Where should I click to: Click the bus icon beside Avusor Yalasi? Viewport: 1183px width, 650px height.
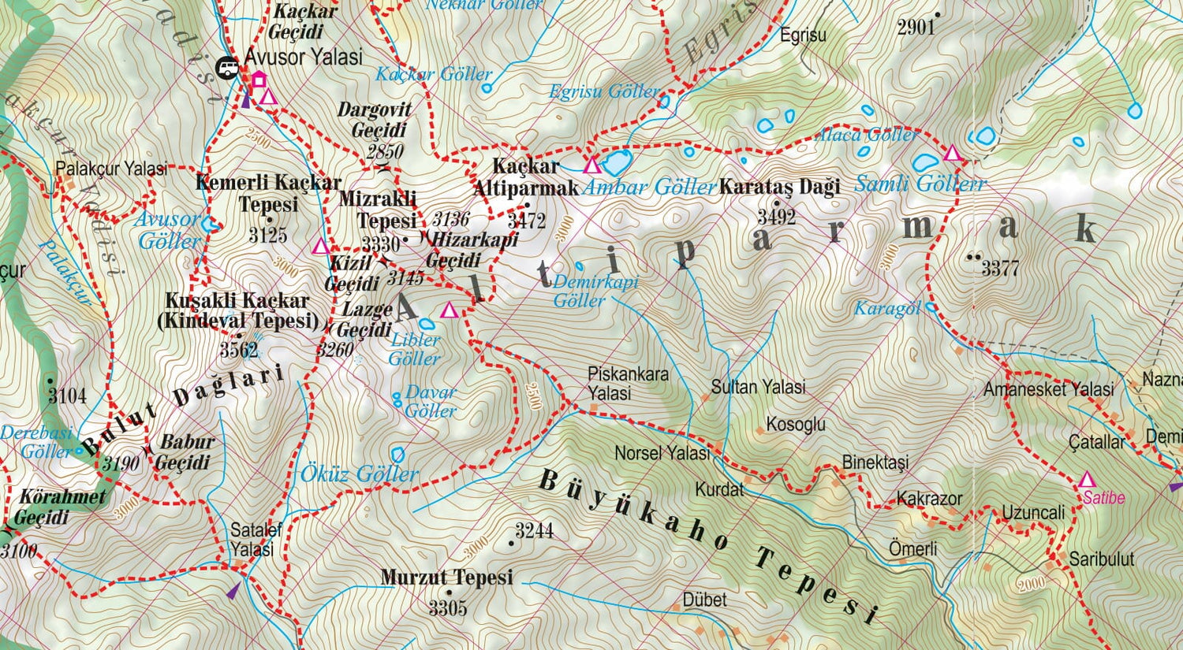click(x=228, y=68)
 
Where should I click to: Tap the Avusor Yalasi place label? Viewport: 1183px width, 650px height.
click(x=304, y=57)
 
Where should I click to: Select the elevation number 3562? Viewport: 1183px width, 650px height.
click(x=238, y=350)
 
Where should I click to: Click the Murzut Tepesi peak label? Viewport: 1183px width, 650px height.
click(x=446, y=578)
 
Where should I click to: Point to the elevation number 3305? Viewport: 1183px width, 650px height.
click(x=448, y=607)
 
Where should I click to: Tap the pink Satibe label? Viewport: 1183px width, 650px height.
click(x=1103, y=498)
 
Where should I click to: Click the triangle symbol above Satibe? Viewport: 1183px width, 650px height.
click(x=1087, y=480)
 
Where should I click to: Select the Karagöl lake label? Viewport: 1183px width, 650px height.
click(x=887, y=308)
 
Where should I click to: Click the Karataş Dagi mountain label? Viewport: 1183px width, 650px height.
click(x=779, y=187)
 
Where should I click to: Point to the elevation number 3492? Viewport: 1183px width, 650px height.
click(x=777, y=217)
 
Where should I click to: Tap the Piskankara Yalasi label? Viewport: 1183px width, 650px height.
click(x=628, y=383)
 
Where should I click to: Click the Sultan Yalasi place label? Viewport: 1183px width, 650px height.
click(x=758, y=387)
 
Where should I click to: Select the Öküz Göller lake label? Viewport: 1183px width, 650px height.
click(x=359, y=474)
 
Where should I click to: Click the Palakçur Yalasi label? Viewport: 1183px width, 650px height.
click(x=111, y=169)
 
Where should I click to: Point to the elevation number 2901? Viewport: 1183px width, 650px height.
click(x=916, y=28)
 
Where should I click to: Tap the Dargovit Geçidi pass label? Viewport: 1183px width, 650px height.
click(x=375, y=120)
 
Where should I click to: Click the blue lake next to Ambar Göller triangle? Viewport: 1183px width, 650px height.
click(x=616, y=163)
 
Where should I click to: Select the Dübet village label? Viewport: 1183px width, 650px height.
click(x=704, y=600)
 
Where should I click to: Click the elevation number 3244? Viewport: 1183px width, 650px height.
click(x=534, y=530)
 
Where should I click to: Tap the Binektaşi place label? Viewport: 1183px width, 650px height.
click(x=875, y=462)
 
